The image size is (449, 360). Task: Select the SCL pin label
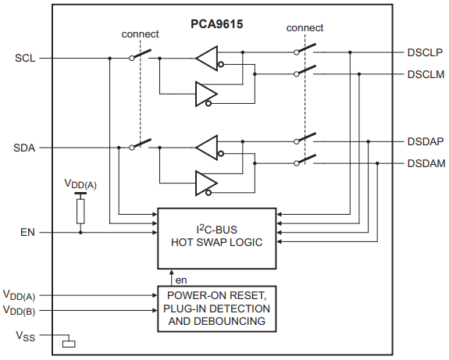tap(25, 58)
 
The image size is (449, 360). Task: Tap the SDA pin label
tap(26, 147)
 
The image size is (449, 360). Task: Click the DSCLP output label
tap(425, 52)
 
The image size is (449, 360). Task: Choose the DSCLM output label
tap(425, 74)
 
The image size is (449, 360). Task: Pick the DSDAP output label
tap(425, 141)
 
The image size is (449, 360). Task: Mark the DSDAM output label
tap(425, 163)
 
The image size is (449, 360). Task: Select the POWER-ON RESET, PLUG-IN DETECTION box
tap(217, 307)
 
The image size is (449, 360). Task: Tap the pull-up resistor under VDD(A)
tap(80, 212)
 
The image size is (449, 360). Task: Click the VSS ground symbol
tap(69, 341)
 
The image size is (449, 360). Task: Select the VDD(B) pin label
tap(19, 311)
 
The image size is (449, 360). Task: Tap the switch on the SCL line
tap(141, 56)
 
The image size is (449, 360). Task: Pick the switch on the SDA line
tap(141, 145)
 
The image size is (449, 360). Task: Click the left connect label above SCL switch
tap(141, 34)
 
